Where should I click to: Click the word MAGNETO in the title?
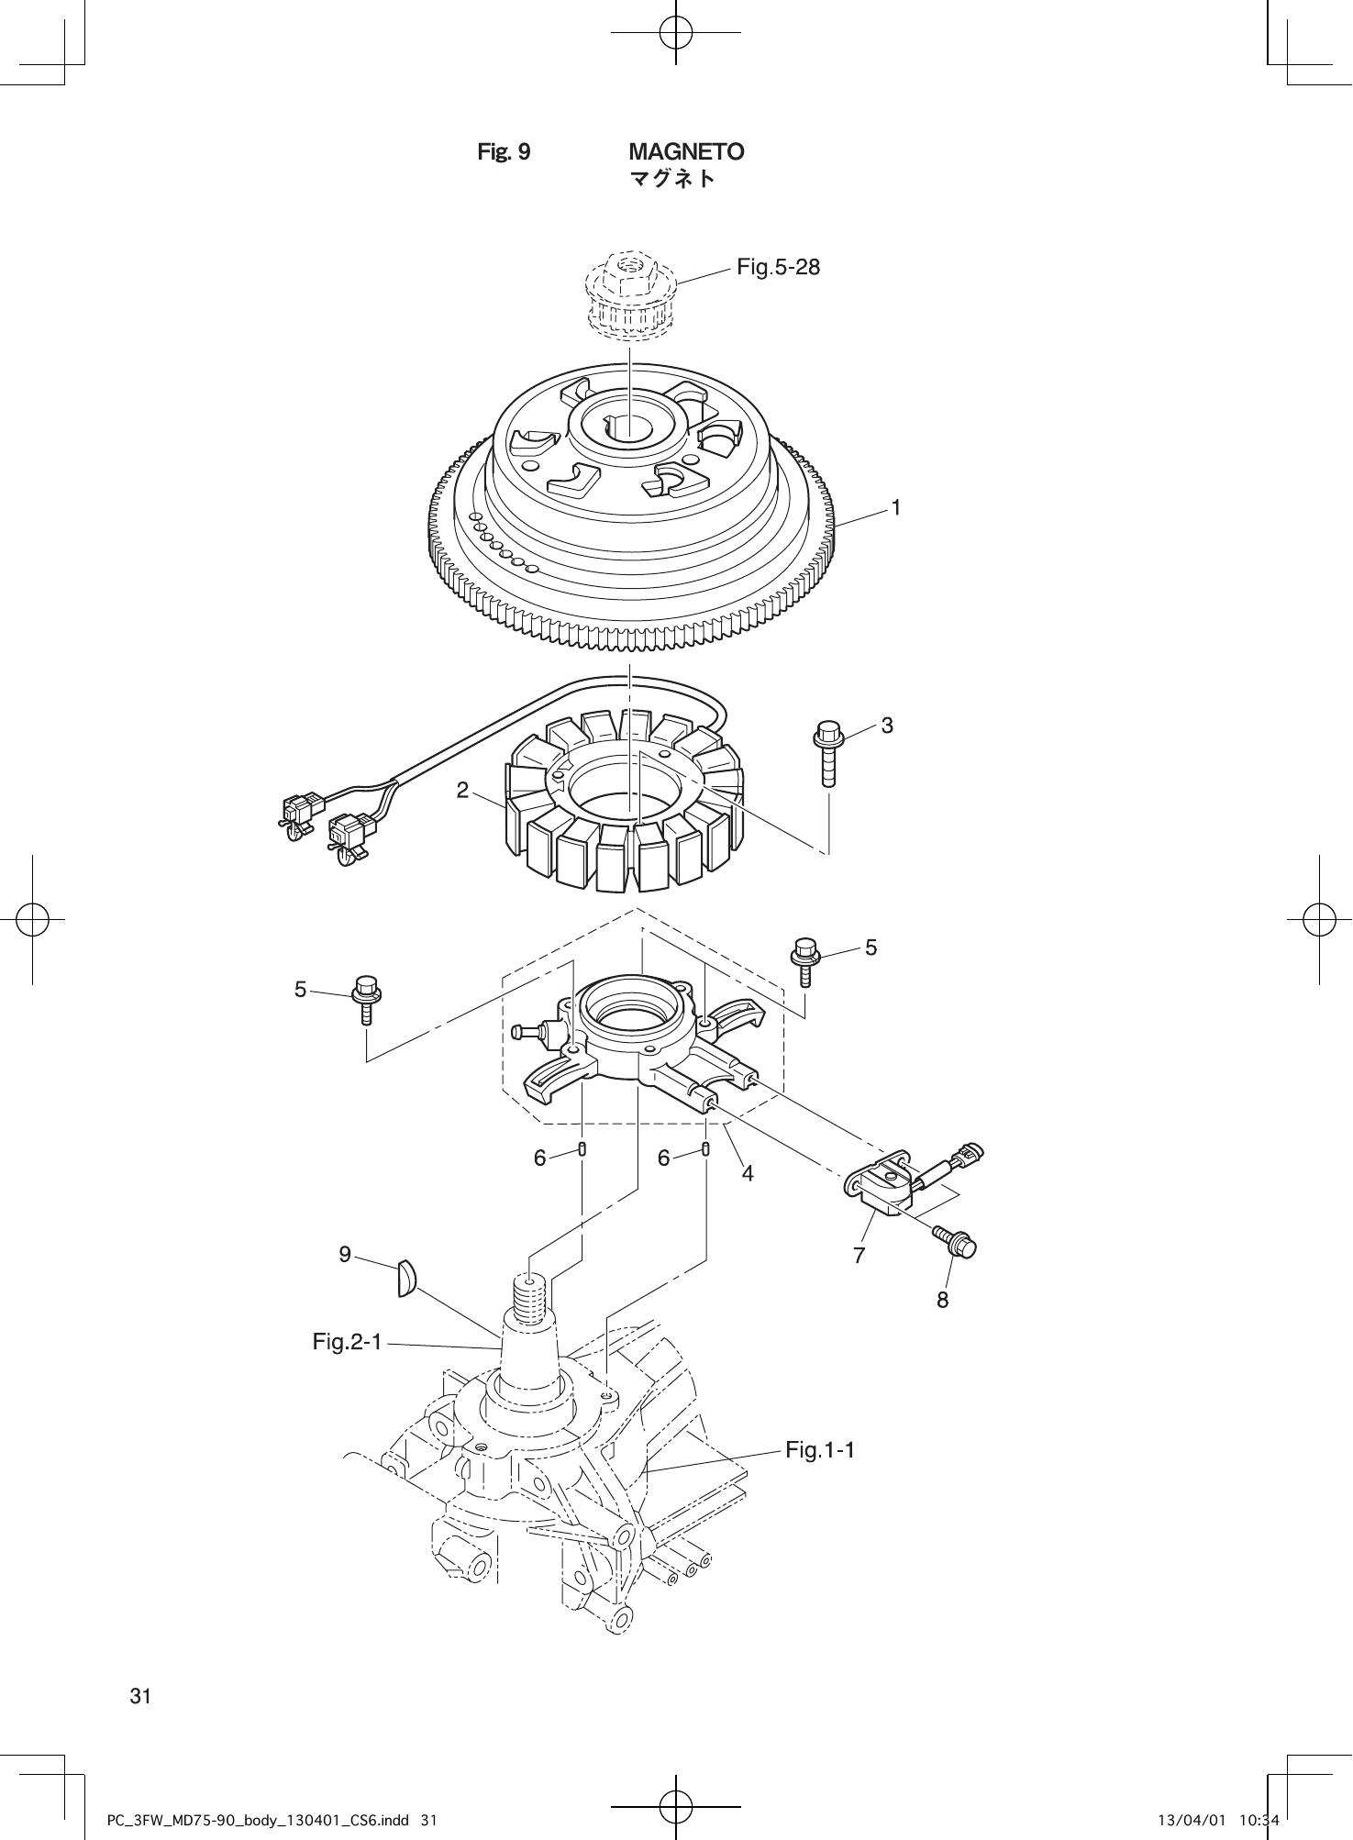click(x=686, y=151)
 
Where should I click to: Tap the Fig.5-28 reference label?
click(x=779, y=268)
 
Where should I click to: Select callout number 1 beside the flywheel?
click(x=896, y=507)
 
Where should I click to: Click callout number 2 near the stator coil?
click(x=463, y=790)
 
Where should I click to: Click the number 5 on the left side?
click(x=300, y=990)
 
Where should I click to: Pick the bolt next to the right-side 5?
click(x=804, y=959)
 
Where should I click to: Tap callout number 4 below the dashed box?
click(x=748, y=1173)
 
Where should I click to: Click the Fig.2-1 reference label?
click(x=347, y=1343)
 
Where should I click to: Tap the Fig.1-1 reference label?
click(x=820, y=1450)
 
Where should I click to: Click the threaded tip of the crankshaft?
click(x=530, y=1296)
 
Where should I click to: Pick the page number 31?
click(x=139, y=1696)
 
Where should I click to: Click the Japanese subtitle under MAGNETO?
click(x=671, y=179)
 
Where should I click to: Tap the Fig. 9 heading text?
click(x=504, y=151)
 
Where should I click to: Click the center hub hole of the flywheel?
click(x=627, y=426)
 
